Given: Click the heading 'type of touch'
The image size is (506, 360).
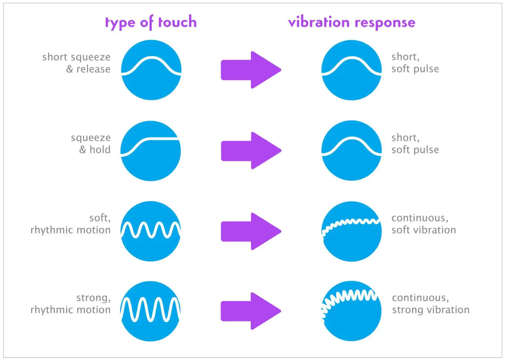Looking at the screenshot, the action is coord(151,22).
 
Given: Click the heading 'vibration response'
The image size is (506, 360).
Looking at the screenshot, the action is coord(352,22).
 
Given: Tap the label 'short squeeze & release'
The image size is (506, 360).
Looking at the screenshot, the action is coord(76,63).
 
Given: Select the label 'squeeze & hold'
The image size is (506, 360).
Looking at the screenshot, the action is coord(90,144).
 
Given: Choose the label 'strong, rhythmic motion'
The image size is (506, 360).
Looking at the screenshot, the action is coord(71,304).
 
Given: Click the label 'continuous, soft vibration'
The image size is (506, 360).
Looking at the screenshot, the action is coord(423,224).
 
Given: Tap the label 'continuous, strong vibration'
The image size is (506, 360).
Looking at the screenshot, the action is coord(430,304).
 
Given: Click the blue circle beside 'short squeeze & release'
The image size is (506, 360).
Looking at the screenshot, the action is coord(151,70).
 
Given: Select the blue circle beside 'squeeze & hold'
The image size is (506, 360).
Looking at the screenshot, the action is coord(151,151).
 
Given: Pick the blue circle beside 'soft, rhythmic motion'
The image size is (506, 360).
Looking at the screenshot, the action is coord(151,232).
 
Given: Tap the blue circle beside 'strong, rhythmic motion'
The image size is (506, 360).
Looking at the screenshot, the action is coord(151,311).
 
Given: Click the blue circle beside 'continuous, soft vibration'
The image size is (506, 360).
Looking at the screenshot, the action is coord(351,232).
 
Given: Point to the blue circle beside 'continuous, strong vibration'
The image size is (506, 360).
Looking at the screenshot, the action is coord(351,311).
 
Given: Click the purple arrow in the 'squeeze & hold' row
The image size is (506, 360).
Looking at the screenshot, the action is coord(251,151).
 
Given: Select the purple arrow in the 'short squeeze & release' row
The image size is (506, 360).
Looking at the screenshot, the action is coord(251,70).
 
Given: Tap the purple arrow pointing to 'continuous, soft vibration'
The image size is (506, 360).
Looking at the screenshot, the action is coord(251,231).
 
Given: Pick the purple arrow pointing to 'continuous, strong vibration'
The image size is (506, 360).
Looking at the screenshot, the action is coord(251,311).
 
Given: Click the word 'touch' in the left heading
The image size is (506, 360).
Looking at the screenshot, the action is coord(177,22).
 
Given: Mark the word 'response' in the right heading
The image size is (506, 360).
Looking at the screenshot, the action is coord(385,23).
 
